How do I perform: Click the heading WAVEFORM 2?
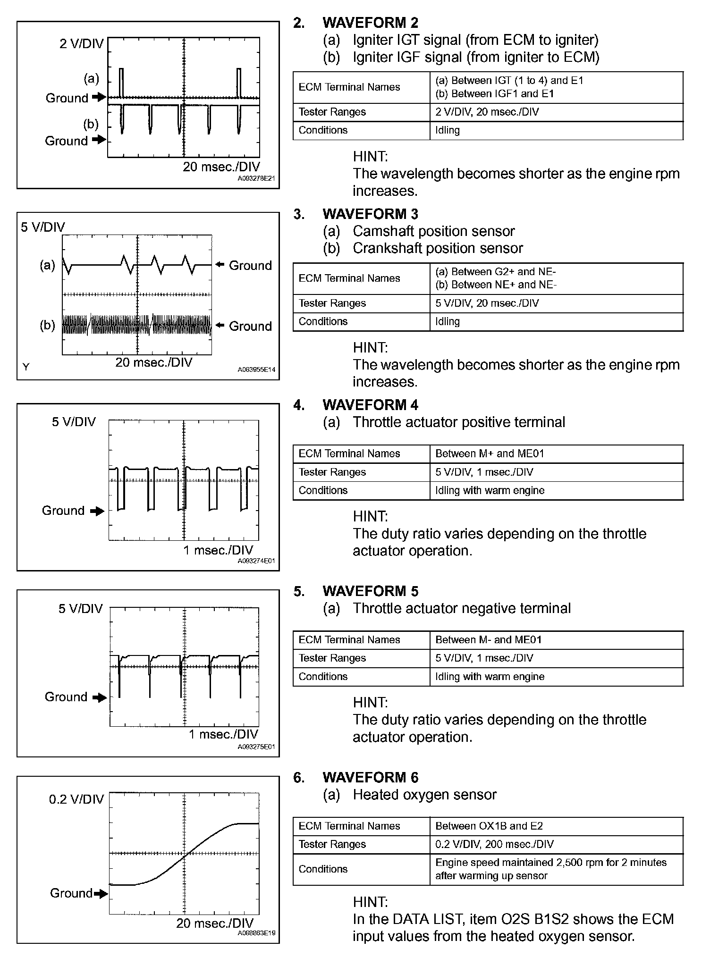pyautogui.click(x=370, y=23)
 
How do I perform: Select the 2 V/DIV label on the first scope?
pyautogui.click(x=81, y=44)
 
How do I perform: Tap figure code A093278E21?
pyautogui.click(x=256, y=179)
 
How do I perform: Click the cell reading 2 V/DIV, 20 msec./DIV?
pyautogui.click(x=487, y=112)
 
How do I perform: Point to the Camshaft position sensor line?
pyautogui.click(x=433, y=231)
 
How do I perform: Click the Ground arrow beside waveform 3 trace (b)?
pyautogui.click(x=220, y=325)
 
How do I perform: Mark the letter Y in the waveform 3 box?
pyautogui.click(x=26, y=367)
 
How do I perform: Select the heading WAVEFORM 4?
pyautogui.click(x=370, y=405)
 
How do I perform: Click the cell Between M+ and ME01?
pyautogui.click(x=490, y=454)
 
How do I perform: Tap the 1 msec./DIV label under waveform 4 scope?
pyautogui.click(x=218, y=550)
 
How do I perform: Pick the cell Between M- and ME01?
pyautogui.click(x=488, y=640)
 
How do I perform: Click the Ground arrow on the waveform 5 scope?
pyautogui.click(x=100, y=697)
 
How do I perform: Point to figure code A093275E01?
pyautogui.click(x=256, y=747)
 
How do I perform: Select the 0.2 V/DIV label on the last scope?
pyautogui.click(x=76, y=799)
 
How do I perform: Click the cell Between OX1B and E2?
pyautogui.click(x=489, y=826)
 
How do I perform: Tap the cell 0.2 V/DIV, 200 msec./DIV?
pyautogui.click(x=494, y=844)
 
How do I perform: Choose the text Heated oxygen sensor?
pyautogui.click(x=424, y=795)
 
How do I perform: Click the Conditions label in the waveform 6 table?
pyautogui.click(x=323, y=869)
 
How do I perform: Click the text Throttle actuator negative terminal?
pyautogui.click(x=461, y=608)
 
